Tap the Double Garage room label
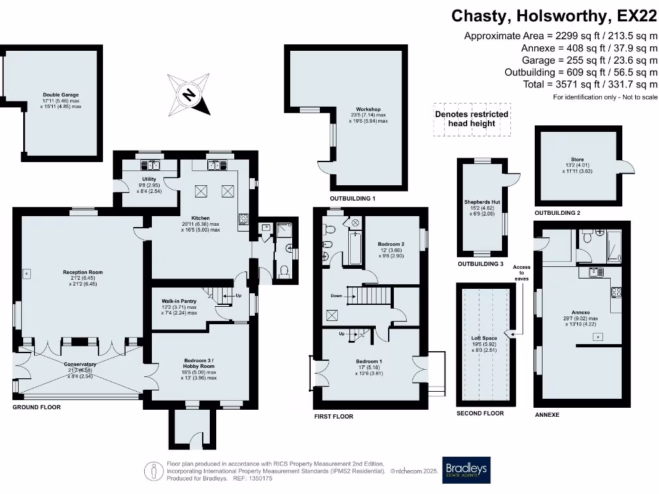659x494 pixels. pos(61,95)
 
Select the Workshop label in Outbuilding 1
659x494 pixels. pos(369,109)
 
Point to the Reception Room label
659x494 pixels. pos(79,272)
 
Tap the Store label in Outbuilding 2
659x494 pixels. pos(577,160)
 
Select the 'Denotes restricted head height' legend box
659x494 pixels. pos(472,118)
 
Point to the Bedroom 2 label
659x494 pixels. pos(391,244)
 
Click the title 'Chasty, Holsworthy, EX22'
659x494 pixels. pos(554,15)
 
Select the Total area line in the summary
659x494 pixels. pos(589,84)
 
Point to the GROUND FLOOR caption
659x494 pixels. pos(37,407)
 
